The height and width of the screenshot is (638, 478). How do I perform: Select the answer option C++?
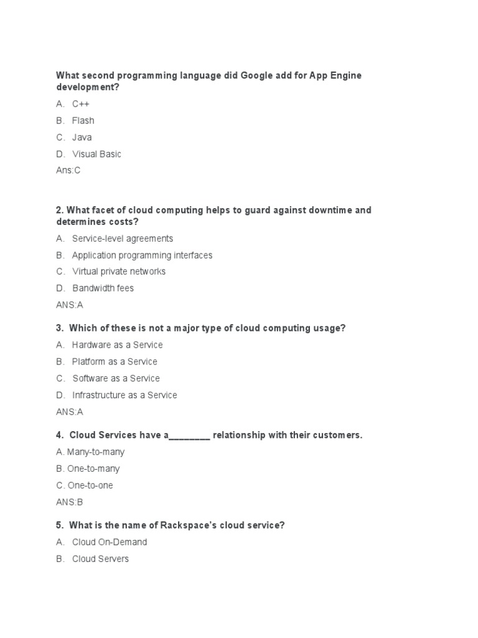coord(80,104)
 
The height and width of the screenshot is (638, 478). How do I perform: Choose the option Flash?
coord(83,120)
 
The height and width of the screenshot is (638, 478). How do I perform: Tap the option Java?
coord(82,137)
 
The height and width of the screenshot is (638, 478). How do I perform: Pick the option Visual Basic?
coord(96,154)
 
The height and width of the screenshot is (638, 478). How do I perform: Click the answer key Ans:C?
coord(68,171)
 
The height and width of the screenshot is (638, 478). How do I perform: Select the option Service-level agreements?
coord(122,239)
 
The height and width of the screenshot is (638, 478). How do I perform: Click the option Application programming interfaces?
coord(142,255)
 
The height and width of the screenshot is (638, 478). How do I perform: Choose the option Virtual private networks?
coord(119,272)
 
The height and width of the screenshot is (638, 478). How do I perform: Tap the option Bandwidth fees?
coord(103,288)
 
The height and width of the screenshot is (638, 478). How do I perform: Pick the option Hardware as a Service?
coord(117,345)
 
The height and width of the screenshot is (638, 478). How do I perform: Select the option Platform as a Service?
coord(115,361)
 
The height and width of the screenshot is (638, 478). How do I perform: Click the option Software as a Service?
coord(116,378)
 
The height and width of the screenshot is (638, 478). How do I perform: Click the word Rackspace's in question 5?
coord(189,525)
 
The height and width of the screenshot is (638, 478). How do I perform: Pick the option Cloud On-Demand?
coord(109,542)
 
